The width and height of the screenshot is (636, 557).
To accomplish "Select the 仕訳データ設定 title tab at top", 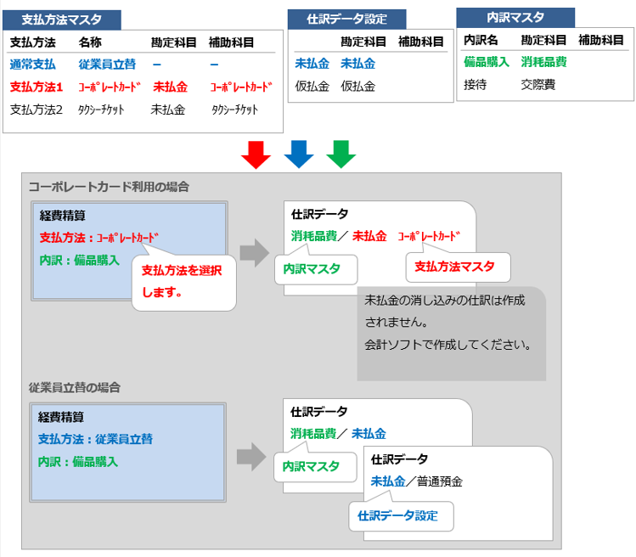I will (346, 20).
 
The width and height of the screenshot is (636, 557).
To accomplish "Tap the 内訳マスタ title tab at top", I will (515, 18).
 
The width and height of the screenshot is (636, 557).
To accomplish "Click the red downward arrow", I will (256, 155).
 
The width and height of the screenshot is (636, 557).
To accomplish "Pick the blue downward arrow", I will (299, 155).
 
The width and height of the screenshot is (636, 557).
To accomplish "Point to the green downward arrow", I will (341, 155).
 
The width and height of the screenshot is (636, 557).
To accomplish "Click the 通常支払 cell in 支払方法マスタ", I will (33, 64).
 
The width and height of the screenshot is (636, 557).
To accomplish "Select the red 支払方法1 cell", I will (37, 86).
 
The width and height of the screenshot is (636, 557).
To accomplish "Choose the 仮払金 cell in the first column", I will (311, 86).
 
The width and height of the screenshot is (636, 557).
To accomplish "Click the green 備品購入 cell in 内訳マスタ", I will (486, 61).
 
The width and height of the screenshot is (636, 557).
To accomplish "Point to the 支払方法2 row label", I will (37, 109).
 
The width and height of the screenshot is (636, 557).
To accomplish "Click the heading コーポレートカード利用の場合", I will (109, 186).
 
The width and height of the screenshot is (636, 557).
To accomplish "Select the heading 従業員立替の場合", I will (75, 386).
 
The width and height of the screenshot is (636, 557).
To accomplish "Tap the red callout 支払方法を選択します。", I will (183, 281).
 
